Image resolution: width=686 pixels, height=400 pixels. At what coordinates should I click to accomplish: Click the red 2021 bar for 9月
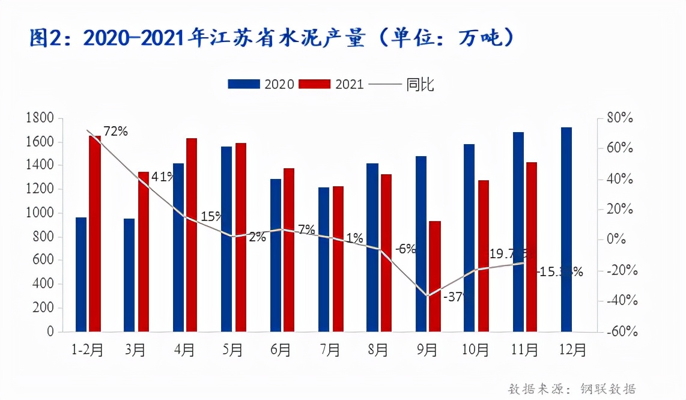[434, 276]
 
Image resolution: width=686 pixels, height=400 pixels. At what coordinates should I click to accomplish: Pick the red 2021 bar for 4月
[192, 235]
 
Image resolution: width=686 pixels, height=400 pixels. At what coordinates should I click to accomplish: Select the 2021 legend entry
[332, 84]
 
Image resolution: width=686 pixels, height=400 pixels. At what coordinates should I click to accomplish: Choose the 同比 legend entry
[401, 84]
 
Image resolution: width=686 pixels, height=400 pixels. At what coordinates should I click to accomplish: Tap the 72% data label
[115, 131]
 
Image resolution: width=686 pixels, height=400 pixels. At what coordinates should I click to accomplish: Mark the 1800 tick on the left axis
[40, 118]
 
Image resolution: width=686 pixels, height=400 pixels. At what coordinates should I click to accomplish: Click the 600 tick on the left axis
[43, 260]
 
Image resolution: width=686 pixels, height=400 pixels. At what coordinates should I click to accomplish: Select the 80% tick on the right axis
[619, 118]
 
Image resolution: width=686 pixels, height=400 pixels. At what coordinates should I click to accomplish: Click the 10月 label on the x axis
[476, 350]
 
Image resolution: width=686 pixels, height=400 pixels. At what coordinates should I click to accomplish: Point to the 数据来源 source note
[572, 389]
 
